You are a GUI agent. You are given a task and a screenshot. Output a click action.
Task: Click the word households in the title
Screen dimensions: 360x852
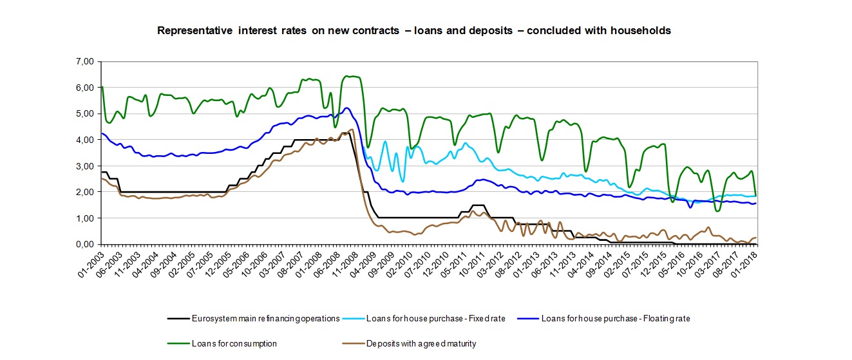coord(641,30)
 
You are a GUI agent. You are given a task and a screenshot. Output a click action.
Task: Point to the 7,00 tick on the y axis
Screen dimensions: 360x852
coord(84,61)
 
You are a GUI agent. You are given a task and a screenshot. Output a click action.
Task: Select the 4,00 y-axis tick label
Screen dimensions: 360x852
coord(84,140)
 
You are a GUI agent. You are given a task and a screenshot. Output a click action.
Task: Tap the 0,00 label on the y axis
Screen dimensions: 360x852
coord(84,245)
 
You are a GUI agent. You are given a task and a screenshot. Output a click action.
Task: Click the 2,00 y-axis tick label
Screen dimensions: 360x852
coord(84,192)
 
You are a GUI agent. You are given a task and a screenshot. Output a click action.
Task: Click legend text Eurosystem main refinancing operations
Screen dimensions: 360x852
coord(265,318)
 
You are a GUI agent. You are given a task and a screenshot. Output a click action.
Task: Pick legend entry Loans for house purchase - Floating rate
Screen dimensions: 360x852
coord(616,318)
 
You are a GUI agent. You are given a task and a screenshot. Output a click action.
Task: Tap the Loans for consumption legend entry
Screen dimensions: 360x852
coord(234,344)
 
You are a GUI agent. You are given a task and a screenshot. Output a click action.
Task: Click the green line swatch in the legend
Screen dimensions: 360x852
coord(178,344)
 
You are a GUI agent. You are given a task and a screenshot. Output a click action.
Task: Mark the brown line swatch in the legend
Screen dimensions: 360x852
coord(352,344)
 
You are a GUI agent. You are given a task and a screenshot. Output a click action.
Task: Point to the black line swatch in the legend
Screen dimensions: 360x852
coord(178,318)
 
